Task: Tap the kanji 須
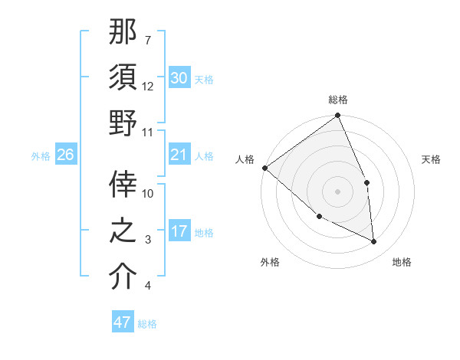click(x=123, y=77)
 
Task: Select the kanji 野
click(x=123, y=123)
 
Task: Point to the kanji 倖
click(x=123, y=184)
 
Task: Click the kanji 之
click(x=123, y=231)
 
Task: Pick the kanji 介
click(x=123, y=277)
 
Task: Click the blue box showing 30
click(x=179, y=78)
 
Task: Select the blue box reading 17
click(x=179, y=231)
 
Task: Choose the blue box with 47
click(x=122, y=322)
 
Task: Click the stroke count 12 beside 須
click(x=148, y=86)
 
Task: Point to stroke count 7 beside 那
click(x=147, y=40)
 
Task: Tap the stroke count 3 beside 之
click(x=147, y=240)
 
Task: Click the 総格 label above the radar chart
click(x=337, y=100)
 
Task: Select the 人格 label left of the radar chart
click(x=245, y=159)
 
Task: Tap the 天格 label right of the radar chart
click(x=432, y=159)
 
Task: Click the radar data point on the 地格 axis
click(x=374, y=242)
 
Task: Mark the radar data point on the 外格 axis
click(x=319, y=217)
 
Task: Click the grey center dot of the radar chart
click(x=337, y=191)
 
